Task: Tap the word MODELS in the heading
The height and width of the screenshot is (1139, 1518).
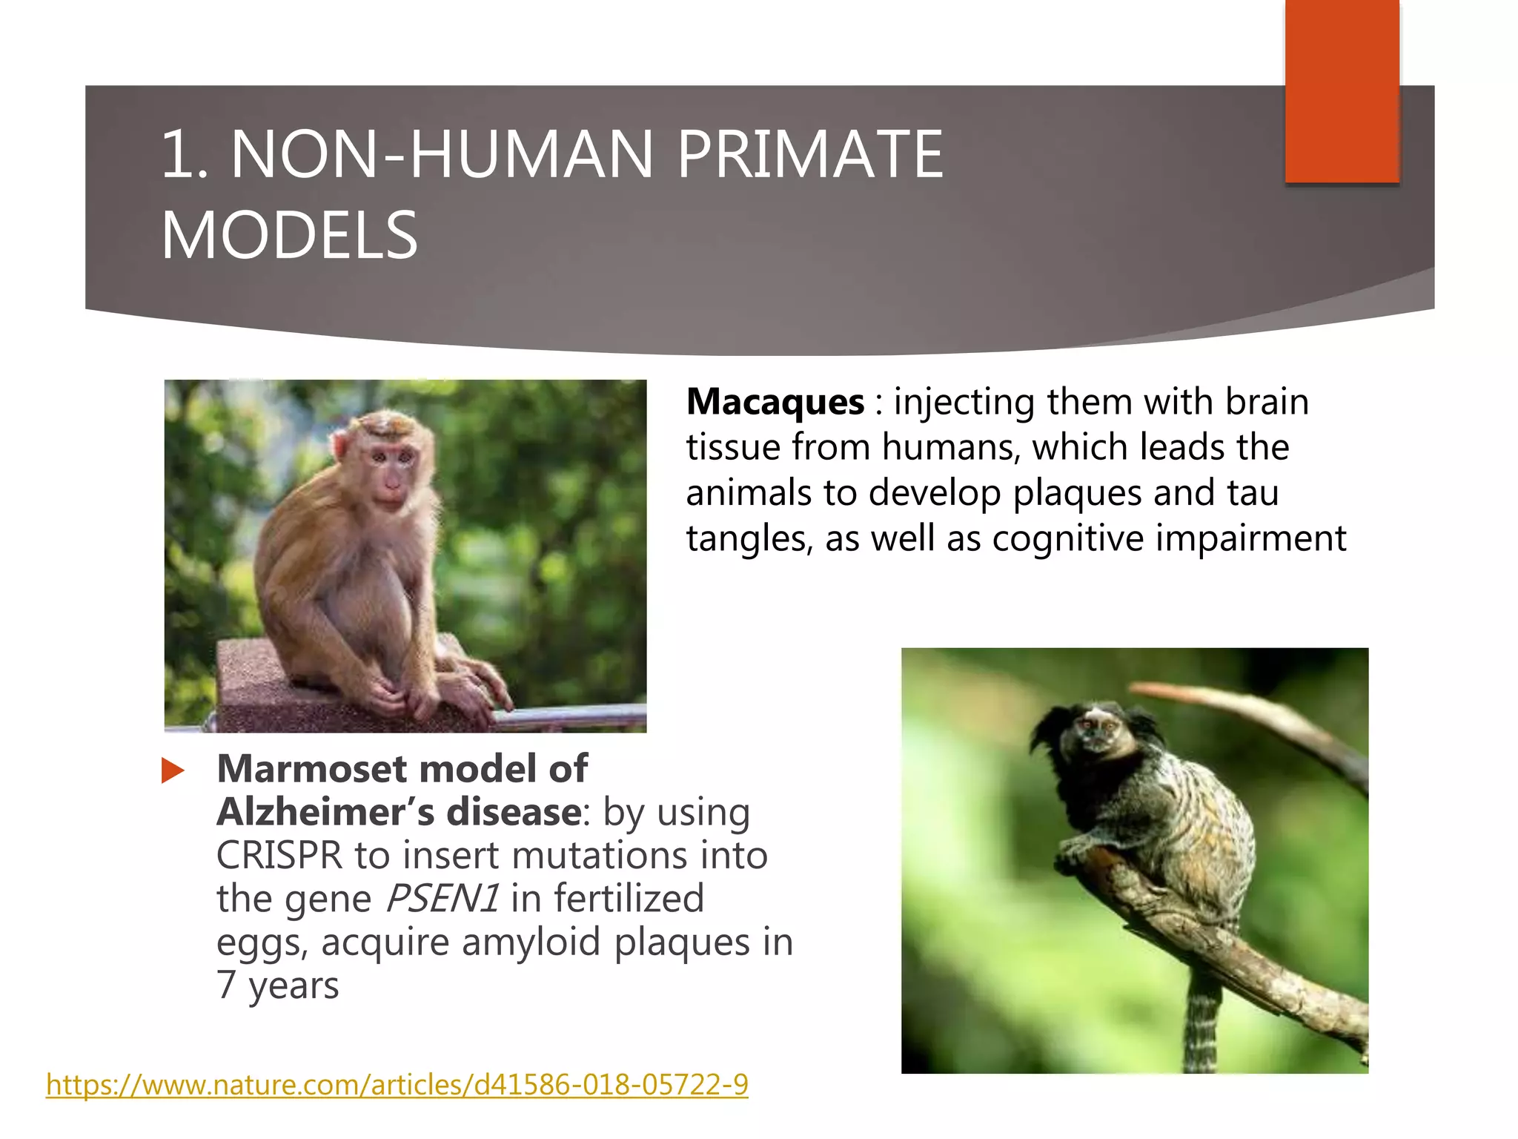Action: tap(289, 235)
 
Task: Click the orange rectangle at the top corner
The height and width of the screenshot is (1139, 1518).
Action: tap(1342, 90)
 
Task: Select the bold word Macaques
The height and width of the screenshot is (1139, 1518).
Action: tap(775, 402)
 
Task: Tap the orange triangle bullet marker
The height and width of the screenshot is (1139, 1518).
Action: tap(173, 770)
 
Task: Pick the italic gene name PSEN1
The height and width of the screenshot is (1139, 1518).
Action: tap(442, 899)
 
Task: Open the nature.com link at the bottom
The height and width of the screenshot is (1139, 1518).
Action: tap(397, 1085)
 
